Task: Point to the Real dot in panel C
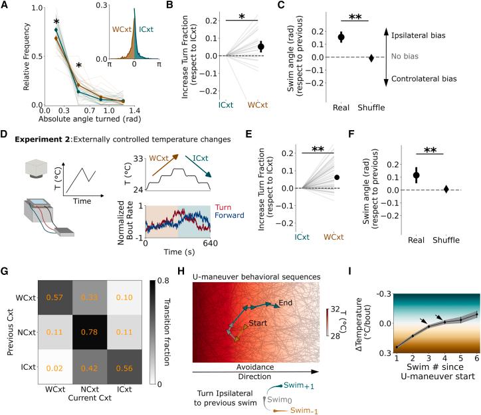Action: (341, 37)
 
